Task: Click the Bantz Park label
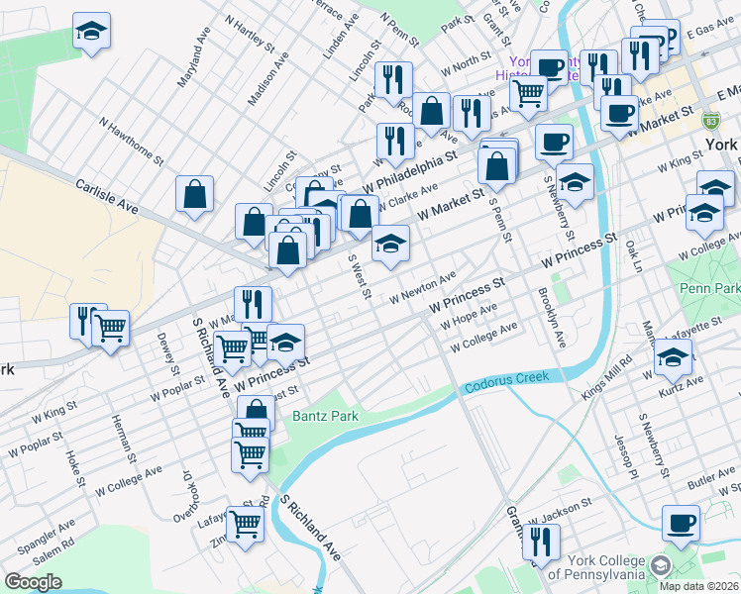[x=324, y=417]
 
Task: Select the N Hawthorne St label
[x=131, y=141]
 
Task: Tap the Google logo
[x=33, y=582]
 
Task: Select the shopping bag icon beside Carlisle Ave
[x=195, y=195]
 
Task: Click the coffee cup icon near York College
[x=681, y=523]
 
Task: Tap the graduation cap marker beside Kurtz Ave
[x=674, y=358]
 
